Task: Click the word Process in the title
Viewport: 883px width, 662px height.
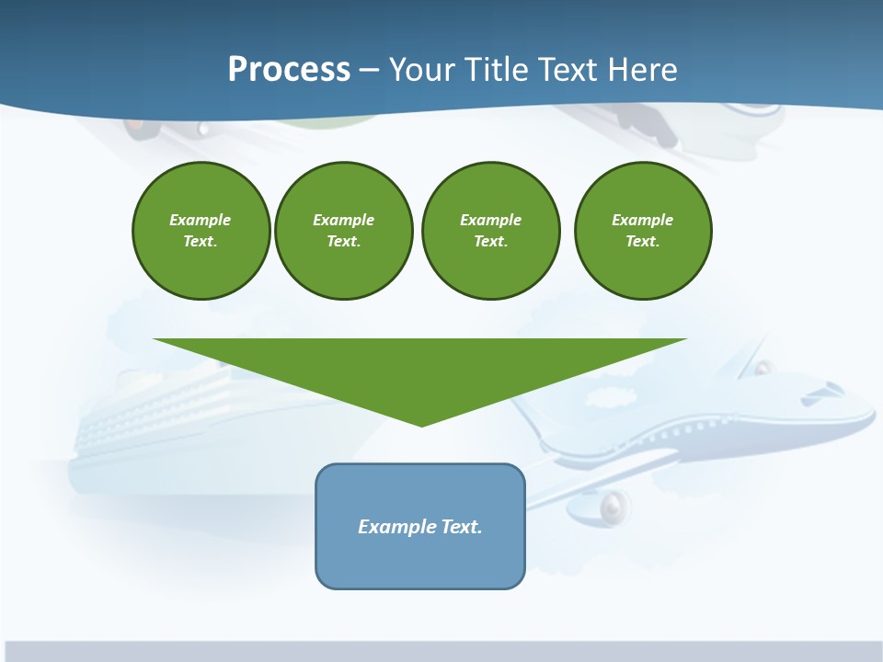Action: pos(289,70)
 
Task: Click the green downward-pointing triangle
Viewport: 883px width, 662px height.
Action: pos(420,368)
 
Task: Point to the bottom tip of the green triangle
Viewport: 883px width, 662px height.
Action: pos(421,424)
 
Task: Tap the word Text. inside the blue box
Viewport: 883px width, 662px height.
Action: pos(462,527)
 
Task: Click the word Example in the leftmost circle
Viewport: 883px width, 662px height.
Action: pos(201,220)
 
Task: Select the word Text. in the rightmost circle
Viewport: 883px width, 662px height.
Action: pos(642,241)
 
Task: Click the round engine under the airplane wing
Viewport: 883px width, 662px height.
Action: pos(615,505)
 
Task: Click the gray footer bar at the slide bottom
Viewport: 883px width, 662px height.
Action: pos(441,651)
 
